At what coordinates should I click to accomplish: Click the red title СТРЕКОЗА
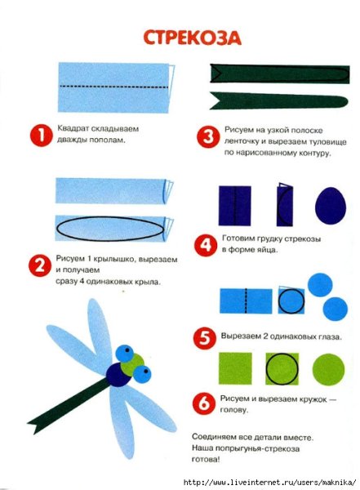pyautogui.click(x=192, y=38)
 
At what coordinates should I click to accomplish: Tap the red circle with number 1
pyautogui.click(x=42, y=136)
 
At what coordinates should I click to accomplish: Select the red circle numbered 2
pyautogui.click(x=39, y=265)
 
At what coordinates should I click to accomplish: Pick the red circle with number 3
pyautogui.click(x=208, y=137)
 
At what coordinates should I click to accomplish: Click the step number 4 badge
pyautogui.click(x=206, y=245)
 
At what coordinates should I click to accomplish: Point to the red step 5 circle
pyautogui.click(x=204, y=338)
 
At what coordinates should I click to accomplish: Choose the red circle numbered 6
pyautogui.click(x=204, y=403)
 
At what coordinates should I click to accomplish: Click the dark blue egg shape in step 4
pyautogui.click(x=331, y=206)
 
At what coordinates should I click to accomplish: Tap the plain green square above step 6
pyautogui.click(x=235, y=369)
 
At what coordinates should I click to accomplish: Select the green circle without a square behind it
pyautogui.click(x=328, y=370)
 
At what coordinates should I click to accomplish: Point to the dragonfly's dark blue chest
pyautogui.click(x=119, y=375)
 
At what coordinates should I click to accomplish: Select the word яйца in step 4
pyautogui.click(x=268, y=250)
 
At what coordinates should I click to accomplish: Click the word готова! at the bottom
pyautogui.click(x=206, y=460)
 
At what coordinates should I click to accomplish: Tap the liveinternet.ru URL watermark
pyautogui.click(x=269, y=482)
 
